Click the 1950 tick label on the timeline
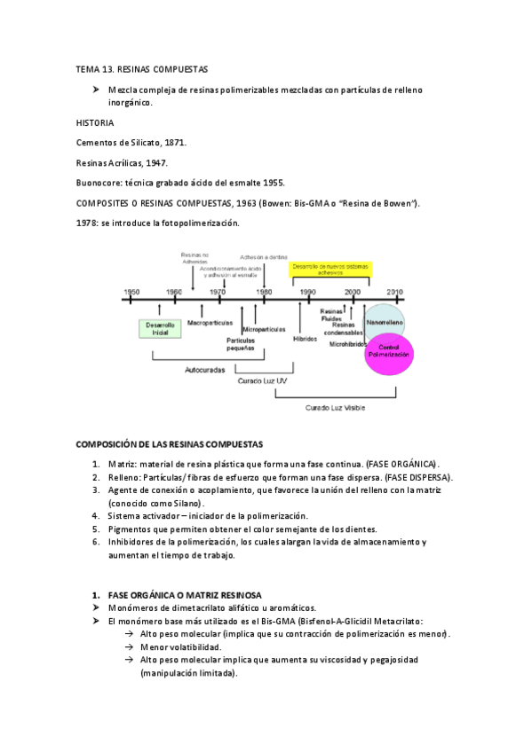coord(131,291)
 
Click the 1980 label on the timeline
coord(264,291)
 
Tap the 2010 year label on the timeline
coord(394,291)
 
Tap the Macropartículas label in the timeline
coord(210,322)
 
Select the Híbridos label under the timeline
coord(305,339)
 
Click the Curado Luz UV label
coord(262,380)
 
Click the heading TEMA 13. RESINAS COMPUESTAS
coord(141,68)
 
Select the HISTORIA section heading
coord(96,122)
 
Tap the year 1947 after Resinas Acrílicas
coord(155,162)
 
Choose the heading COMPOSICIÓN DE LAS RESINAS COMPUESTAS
coord(175,443)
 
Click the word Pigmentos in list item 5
coord(131,529)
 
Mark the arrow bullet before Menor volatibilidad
coord(131,647)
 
